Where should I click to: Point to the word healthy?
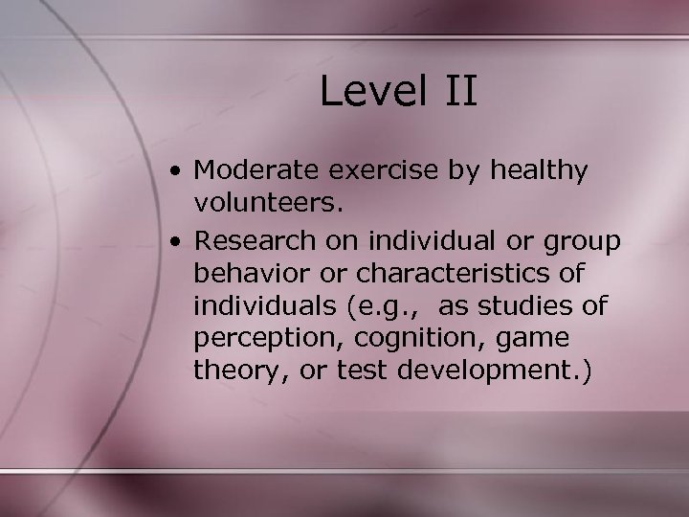point(539,172)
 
